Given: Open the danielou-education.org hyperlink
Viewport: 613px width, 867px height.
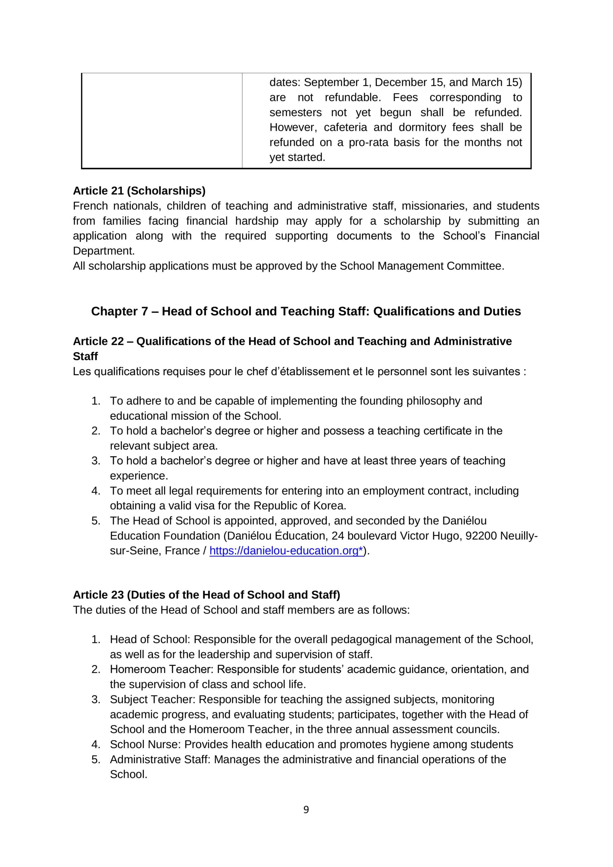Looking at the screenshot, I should point(286,551).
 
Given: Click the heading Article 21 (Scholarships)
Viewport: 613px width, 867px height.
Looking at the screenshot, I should point(139,191).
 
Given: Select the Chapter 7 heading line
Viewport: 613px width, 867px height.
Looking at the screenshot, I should point(306,311).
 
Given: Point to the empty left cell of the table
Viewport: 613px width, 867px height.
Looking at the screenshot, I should point(161,120).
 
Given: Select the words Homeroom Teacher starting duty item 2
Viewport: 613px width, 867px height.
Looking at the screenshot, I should point(161,669).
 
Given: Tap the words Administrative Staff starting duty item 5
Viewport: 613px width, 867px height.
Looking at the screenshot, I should point(160,759).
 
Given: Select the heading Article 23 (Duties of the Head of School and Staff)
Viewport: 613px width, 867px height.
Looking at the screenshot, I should point(206,595).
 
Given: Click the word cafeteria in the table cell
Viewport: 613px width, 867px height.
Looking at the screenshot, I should point(345,127).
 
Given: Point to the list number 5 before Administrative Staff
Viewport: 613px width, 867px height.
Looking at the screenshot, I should point(95,759).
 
